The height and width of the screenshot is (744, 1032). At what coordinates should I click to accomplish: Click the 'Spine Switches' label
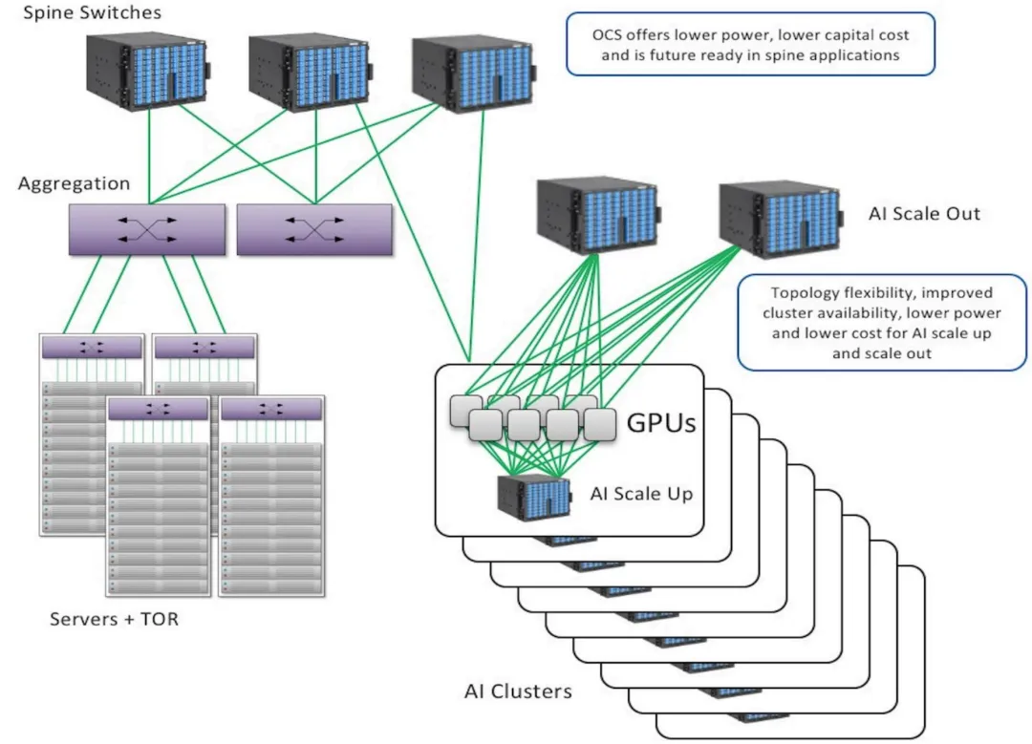click(x=93, y=13)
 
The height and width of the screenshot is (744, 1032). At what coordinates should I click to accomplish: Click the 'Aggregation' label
click(x=74, y=182)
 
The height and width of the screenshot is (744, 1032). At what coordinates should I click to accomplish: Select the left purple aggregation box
click(x=146, y=229)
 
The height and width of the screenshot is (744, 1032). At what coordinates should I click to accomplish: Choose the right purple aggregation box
click(x=314, y=230)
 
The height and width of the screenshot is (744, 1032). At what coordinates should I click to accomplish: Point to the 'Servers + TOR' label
click(x=114, y=619)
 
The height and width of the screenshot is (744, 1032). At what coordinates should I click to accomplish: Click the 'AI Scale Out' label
click(x=924, y=213)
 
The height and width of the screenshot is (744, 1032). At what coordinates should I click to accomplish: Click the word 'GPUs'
click(x=659, y=422)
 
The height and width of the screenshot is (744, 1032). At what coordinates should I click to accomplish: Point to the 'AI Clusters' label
click(x=518, y=691)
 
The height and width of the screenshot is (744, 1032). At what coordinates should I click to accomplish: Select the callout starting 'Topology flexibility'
click(x=881, y=322)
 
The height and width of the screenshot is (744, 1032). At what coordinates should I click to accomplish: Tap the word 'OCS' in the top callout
click(x=606, y=35)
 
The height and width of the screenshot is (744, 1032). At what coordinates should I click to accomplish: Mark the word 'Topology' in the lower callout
click(x=801, y=292)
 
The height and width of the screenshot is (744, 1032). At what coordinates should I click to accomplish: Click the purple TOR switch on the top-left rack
click(x=92, y=348)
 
